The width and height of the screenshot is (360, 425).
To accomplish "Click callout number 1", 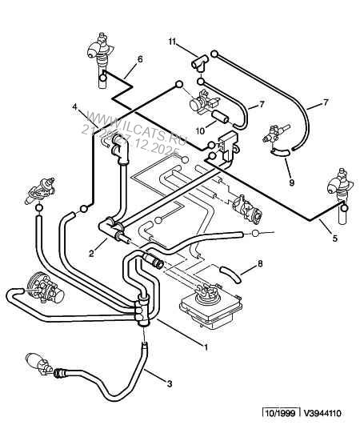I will coord(206,347).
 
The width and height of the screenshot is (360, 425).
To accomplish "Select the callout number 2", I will coord(92,254).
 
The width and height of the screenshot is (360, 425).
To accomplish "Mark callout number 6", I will coord(140,59).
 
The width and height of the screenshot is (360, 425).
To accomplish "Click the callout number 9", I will coord(290,182).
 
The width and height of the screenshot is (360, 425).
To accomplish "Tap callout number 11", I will coord(171,40).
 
